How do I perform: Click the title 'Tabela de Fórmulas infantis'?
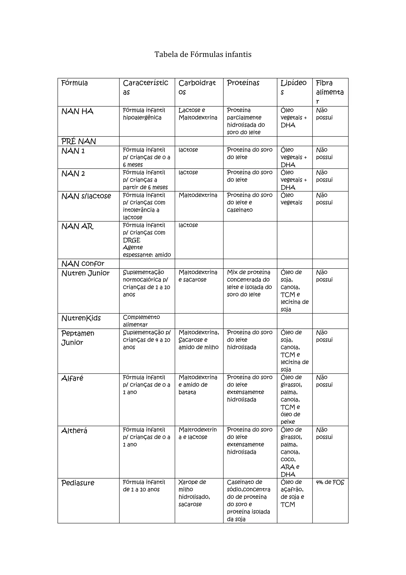[x=203, y=54]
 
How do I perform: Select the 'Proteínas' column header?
[x=243, y=83]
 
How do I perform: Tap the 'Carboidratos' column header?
[x=197, y=87]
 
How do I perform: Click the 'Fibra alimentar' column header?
[x=329, y=92]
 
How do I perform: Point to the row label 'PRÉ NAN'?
[x=79, y=141]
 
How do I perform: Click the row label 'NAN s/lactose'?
[x=86, y=196]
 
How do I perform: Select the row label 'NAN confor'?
[x=83, y=264]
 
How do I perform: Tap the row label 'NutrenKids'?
[x=81, y=318]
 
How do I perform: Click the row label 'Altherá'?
[x=74, y=431]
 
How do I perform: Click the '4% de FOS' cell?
[x=330, y=482]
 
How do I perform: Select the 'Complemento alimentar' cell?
[x=141, y=321]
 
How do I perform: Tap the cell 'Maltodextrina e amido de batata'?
[x=198, y=385]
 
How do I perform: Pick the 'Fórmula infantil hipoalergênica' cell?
[x=144, y=114]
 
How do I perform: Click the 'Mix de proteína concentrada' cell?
[x=249, y=283]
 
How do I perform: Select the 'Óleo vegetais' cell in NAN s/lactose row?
[x=291, y=199]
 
